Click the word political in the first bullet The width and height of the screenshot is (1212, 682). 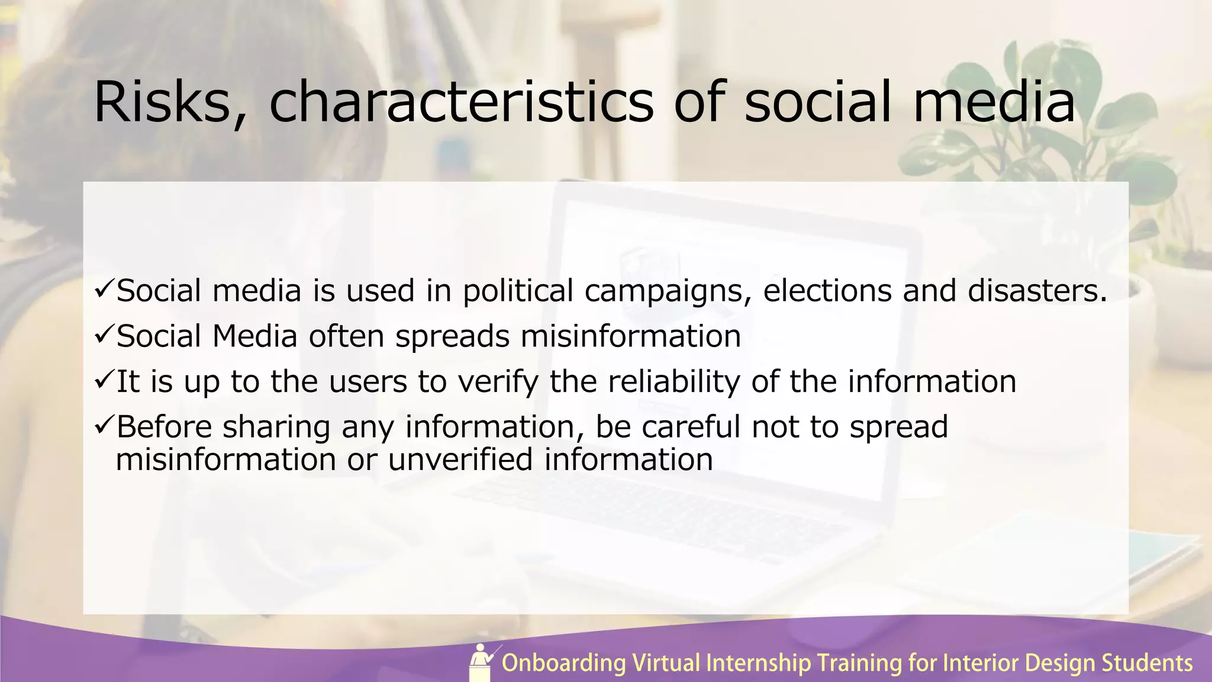(517, 291)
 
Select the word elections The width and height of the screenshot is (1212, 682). (827, 291)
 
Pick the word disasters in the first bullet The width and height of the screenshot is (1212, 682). (1036, 291)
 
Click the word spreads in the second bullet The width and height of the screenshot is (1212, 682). (452, 336)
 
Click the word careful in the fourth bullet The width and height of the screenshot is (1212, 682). (691, 427)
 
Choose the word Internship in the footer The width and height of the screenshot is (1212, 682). (759, 664)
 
